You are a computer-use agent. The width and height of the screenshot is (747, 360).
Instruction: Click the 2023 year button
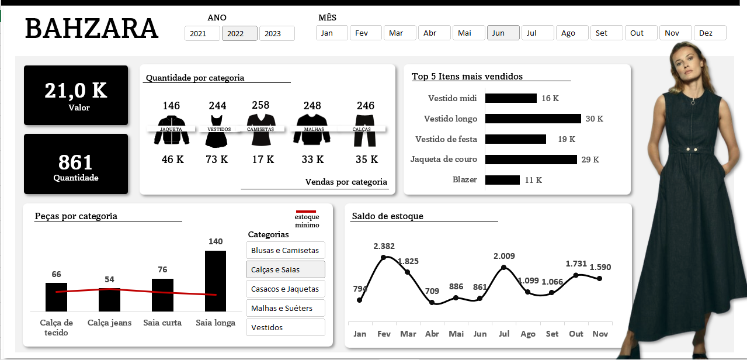(277, 33)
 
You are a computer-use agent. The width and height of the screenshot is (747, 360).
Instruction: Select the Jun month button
(503, 33)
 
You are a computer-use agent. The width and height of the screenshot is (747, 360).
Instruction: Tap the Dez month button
(710, 33)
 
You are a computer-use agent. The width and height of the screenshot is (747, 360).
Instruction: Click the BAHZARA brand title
(92, 29)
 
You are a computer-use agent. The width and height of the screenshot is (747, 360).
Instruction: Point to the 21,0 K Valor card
(76, 95)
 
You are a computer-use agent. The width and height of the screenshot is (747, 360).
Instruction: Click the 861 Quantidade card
(76, 164)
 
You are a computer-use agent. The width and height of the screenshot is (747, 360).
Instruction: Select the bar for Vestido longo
(533, 119)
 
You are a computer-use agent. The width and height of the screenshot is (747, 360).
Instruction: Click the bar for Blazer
(502, 180)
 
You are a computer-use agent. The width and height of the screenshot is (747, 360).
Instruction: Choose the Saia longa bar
(216, 281)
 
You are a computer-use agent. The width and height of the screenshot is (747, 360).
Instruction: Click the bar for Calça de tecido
(56, 297)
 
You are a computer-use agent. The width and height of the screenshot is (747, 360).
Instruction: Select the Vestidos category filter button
(286, 327)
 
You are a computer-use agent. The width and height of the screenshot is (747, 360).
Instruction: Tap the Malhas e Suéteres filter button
(286, 308)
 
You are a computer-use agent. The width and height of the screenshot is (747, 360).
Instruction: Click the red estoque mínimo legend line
(306, 212)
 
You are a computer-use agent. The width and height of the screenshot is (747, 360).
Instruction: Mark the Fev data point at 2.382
(384, 257)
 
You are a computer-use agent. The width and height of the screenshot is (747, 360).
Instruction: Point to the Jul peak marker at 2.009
(504, 268)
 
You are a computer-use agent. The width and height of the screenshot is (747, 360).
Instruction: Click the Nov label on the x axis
(600, 334)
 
